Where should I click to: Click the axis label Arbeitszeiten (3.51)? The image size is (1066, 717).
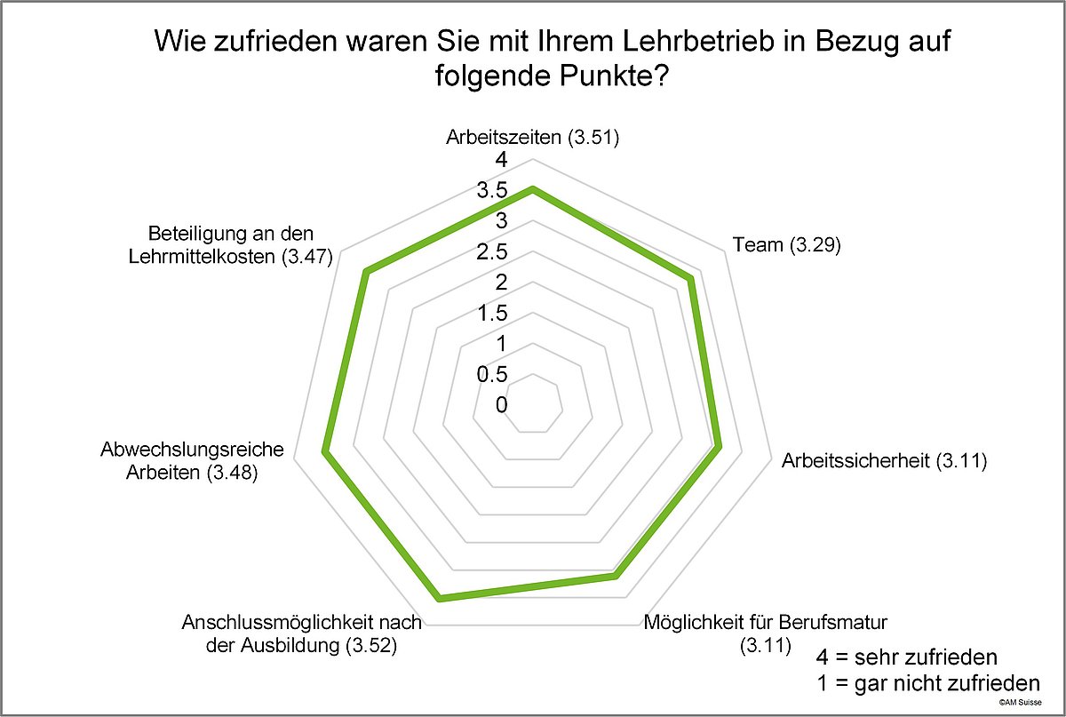(531, 138)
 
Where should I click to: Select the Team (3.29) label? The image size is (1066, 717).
(785, 245)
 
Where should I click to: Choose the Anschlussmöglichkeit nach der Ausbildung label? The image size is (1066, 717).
(301, 633)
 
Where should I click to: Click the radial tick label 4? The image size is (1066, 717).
(501, 161)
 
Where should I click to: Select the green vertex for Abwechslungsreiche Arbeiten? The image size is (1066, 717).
(325, 454)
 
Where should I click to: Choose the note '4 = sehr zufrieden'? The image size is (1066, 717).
(906, 658)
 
